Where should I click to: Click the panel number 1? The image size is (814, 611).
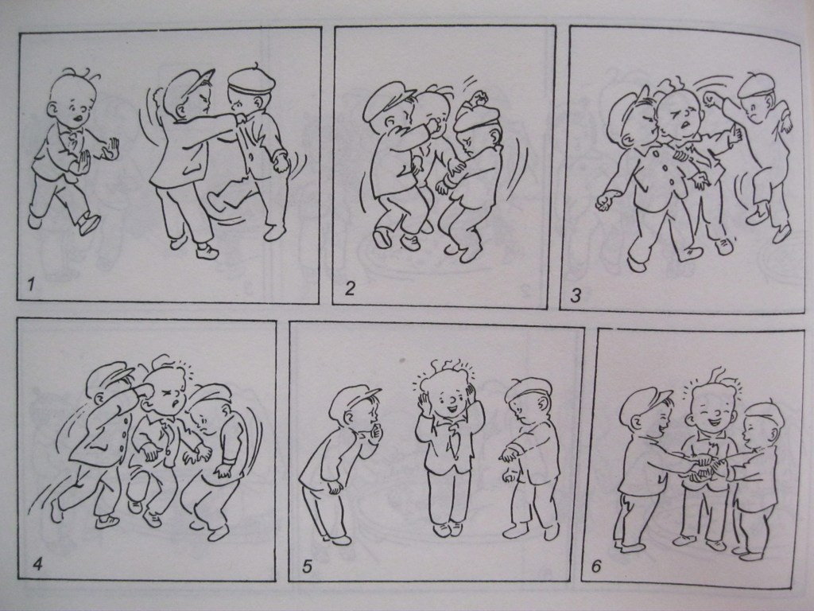tap(31, 284)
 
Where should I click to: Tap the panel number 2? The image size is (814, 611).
tap(350, 288)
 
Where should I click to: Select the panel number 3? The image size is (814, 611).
tap(576, 296)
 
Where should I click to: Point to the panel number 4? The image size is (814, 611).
tap(37, 563)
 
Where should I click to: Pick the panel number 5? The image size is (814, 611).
tap(308, 566)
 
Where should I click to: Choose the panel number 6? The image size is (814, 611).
tap(596, 566)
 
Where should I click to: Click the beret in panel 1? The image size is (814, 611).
tap(251, 80)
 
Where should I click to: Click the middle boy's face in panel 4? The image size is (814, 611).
tap(165, 391)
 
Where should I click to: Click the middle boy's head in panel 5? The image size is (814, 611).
tap(448, 392)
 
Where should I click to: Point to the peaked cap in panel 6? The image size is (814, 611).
tap(644, 401)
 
